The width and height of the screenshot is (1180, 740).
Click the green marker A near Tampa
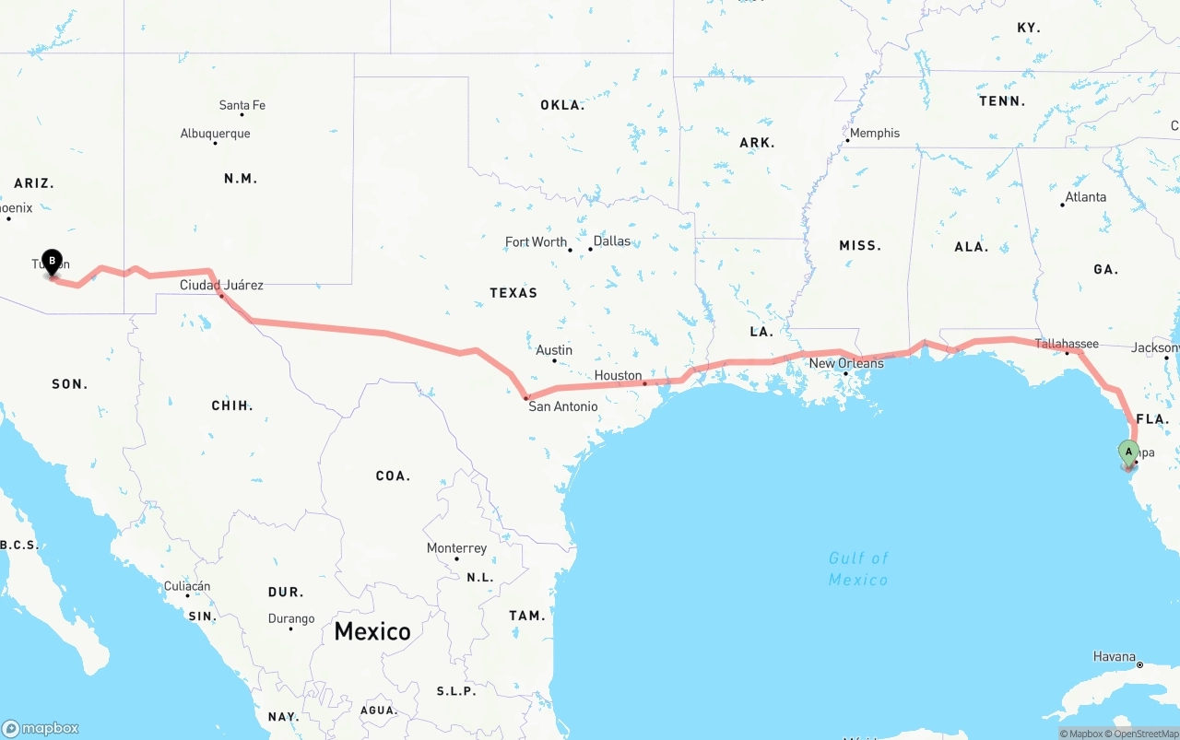pos(1128,452)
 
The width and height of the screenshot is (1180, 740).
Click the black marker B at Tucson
pos(53,262)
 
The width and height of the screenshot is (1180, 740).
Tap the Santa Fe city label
pos(242,105)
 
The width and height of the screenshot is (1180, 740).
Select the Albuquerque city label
pos(215,134)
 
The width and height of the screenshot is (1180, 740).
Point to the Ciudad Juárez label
pos(221,285)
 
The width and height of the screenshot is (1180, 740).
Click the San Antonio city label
pos(562,406)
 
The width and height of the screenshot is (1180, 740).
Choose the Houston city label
pos(618,375)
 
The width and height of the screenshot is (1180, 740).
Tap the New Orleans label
pos(846,363)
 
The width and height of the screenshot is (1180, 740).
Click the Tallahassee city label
pos(1067,344)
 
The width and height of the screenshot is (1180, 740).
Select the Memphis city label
pos(874,133)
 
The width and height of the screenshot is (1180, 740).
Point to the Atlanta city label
pos(1085,196)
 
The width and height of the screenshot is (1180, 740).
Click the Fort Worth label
pos(536,241)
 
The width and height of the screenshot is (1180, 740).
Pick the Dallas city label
pos(612,241)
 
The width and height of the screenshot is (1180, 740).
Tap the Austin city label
pos(554,350)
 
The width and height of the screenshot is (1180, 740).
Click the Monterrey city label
pos(456,548)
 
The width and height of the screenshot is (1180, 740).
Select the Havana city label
pos(1115,657)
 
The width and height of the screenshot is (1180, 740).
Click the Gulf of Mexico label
pos(857,569)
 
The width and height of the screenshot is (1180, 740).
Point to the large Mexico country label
pos(372,631)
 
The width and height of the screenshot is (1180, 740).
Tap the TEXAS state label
pos(513,293)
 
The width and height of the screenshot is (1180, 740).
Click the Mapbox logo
pos(41,728)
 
